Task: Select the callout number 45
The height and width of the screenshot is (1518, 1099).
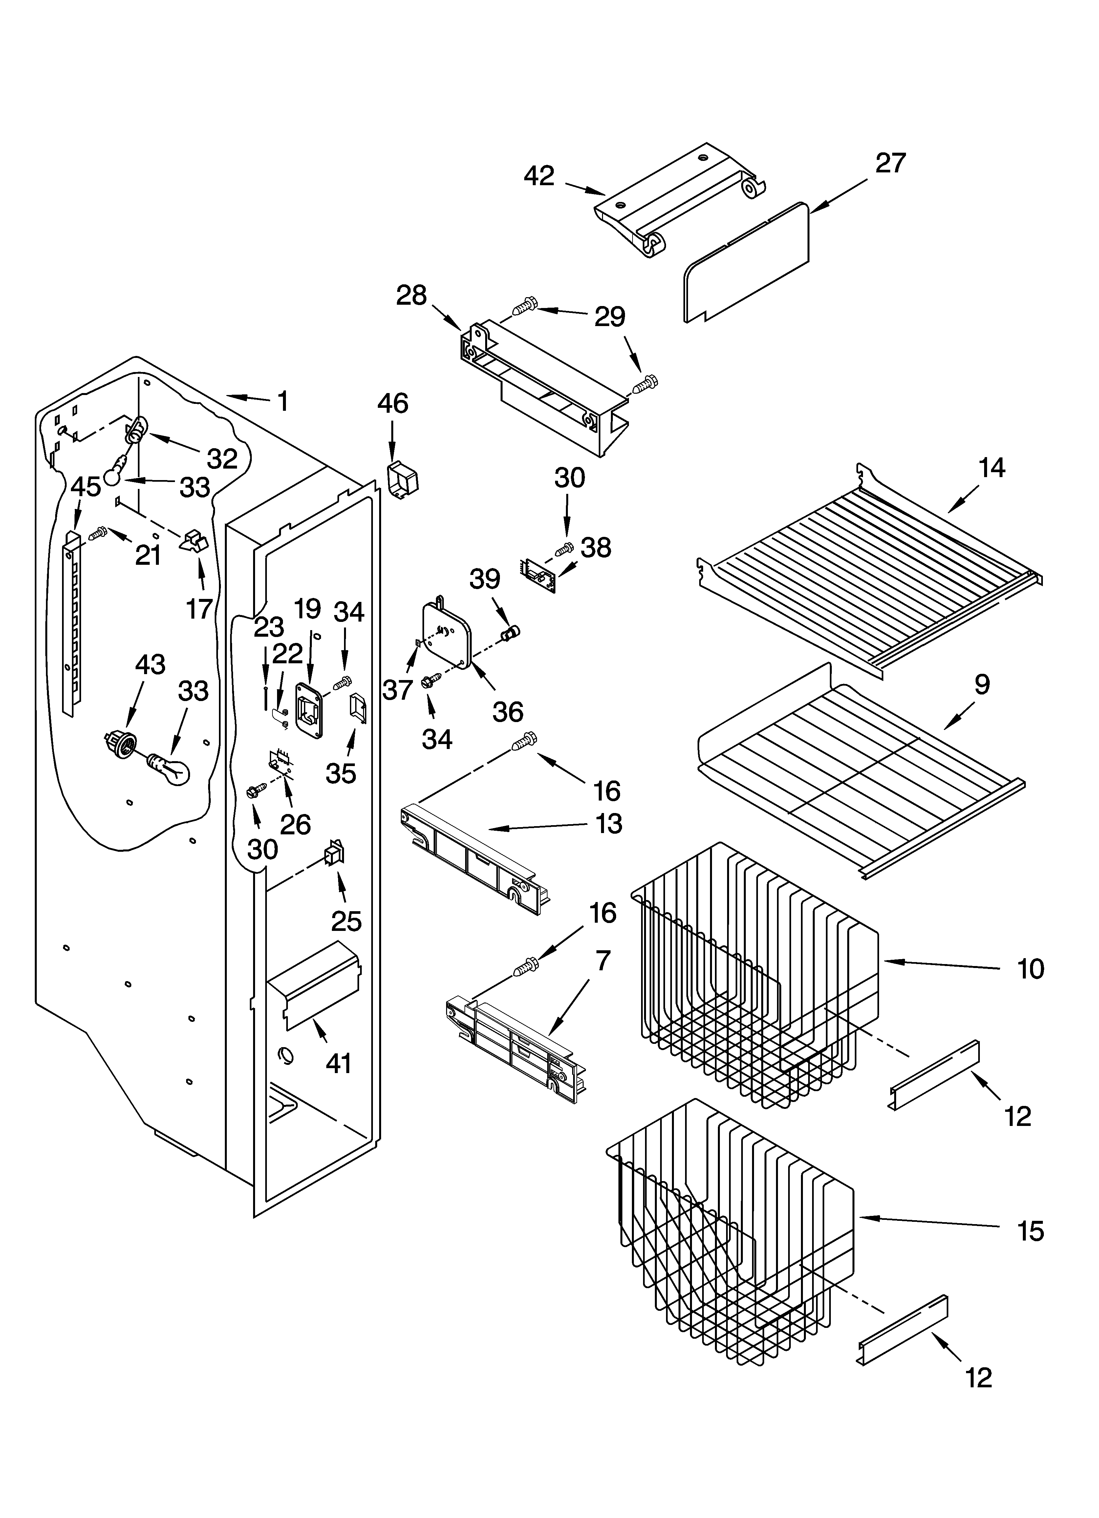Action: tap(86, 487)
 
